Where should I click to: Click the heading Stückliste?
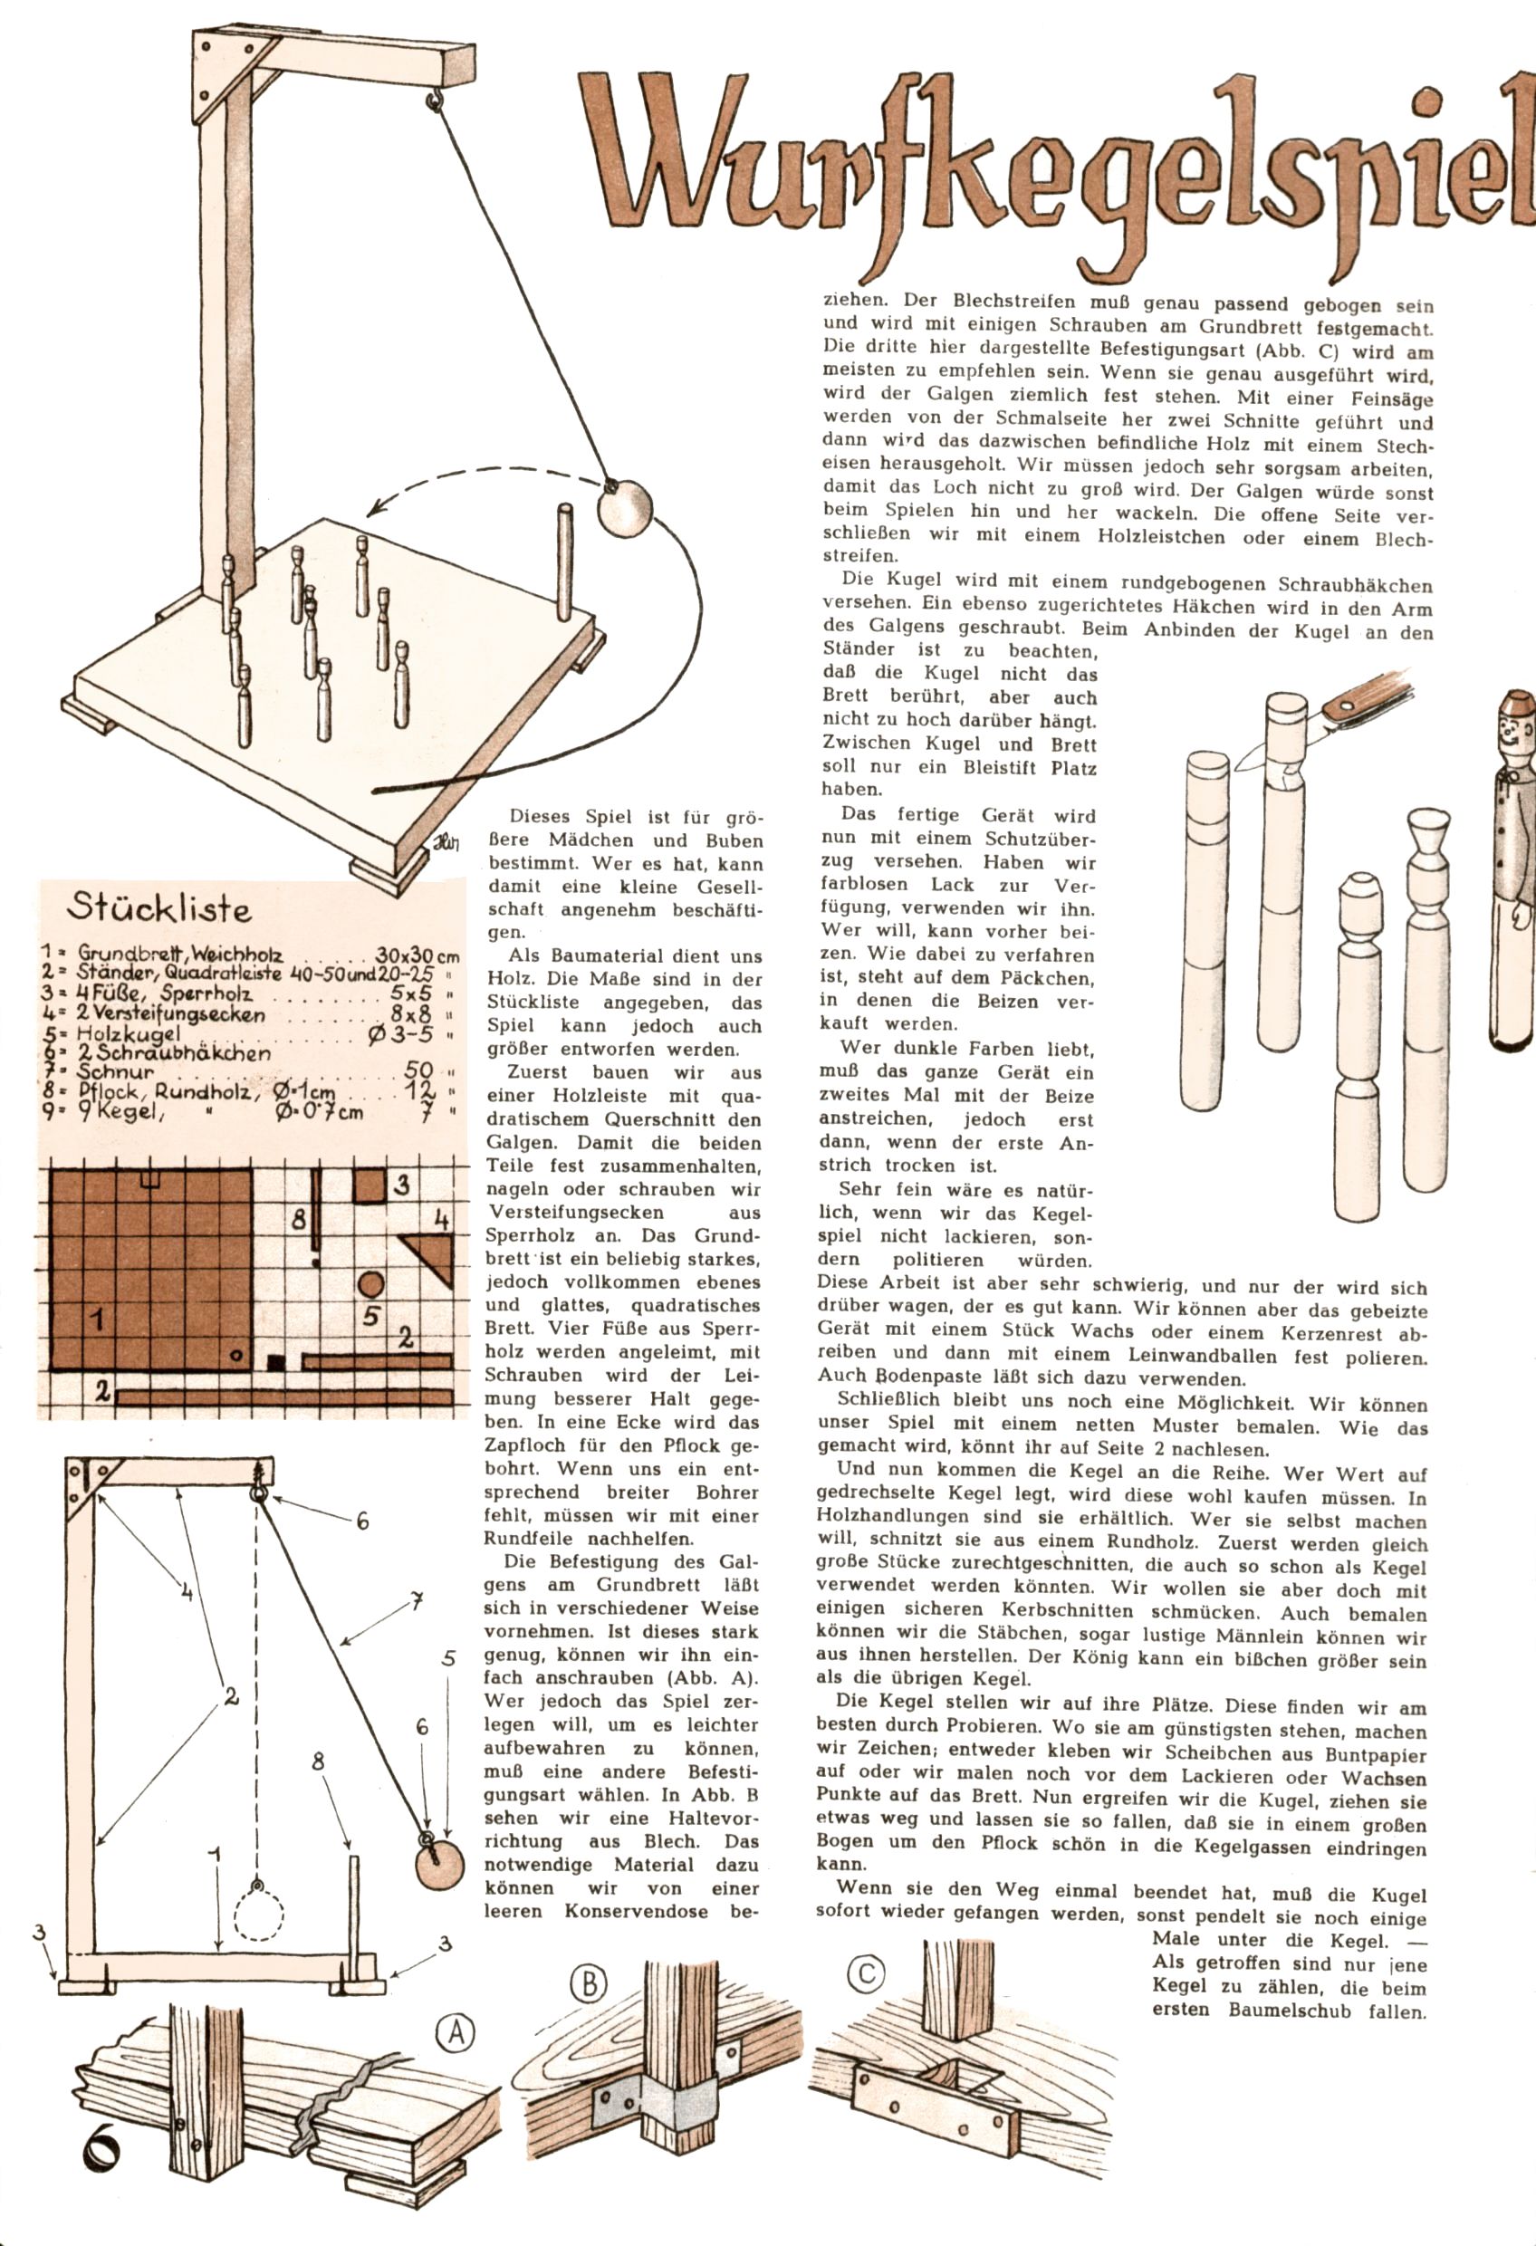159,908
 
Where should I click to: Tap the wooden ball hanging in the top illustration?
625,508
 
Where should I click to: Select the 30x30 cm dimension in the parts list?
417,955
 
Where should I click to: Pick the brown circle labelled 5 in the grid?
371,1284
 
